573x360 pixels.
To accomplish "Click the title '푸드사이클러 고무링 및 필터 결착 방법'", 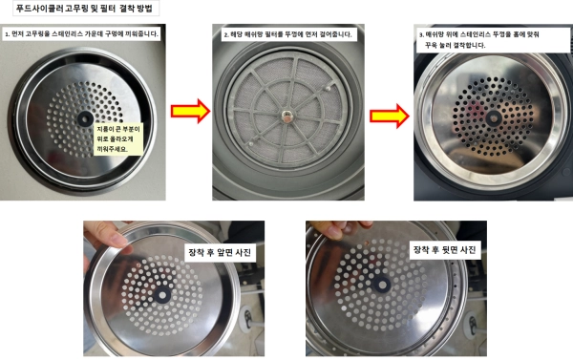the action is point(84,9).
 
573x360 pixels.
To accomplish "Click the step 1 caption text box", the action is point(81,34).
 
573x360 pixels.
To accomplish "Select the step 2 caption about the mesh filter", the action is point(288,34).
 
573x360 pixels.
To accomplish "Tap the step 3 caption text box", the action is point(493,40).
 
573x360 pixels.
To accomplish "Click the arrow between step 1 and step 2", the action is point(190,111).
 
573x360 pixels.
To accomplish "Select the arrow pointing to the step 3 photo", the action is point(390,116).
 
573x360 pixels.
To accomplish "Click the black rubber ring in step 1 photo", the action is point(85,118).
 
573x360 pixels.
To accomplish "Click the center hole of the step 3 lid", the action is point(494,118).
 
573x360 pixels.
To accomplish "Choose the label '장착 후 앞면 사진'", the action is point(220,252).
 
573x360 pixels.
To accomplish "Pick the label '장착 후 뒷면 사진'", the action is point(444,250).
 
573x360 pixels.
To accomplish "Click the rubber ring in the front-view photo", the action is point(162,295).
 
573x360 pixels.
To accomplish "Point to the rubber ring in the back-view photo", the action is point(382,285).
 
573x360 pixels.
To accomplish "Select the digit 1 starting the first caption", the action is point(7,34).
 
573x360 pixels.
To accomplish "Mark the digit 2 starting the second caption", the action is point(225,35).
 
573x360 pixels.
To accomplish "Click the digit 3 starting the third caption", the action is point(421,35).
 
